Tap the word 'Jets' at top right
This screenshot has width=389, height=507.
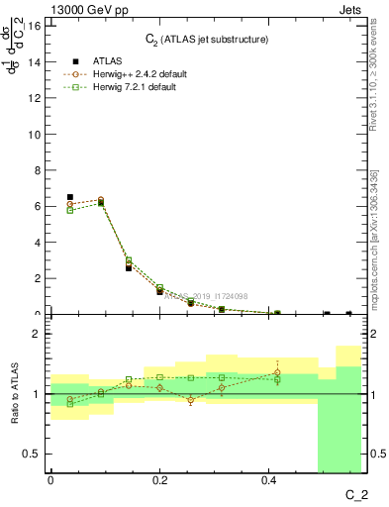coord(349,11)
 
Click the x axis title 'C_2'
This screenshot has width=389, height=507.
coord(356,493)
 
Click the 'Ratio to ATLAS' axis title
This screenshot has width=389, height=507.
coord(15,393)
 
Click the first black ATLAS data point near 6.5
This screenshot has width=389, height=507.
coord(69,197)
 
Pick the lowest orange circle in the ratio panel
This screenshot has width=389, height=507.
coord(190,400)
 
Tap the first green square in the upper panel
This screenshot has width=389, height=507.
coord(69,210)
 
